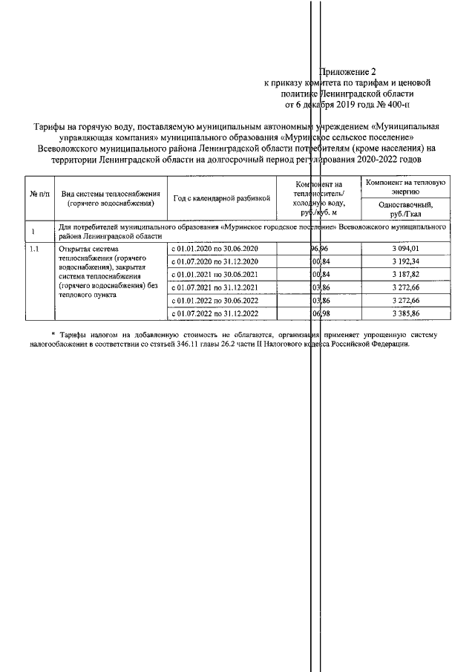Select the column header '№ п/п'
39,194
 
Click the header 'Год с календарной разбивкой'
220,198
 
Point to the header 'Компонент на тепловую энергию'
404,186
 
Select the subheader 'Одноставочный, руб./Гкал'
404,209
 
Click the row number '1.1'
34,249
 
